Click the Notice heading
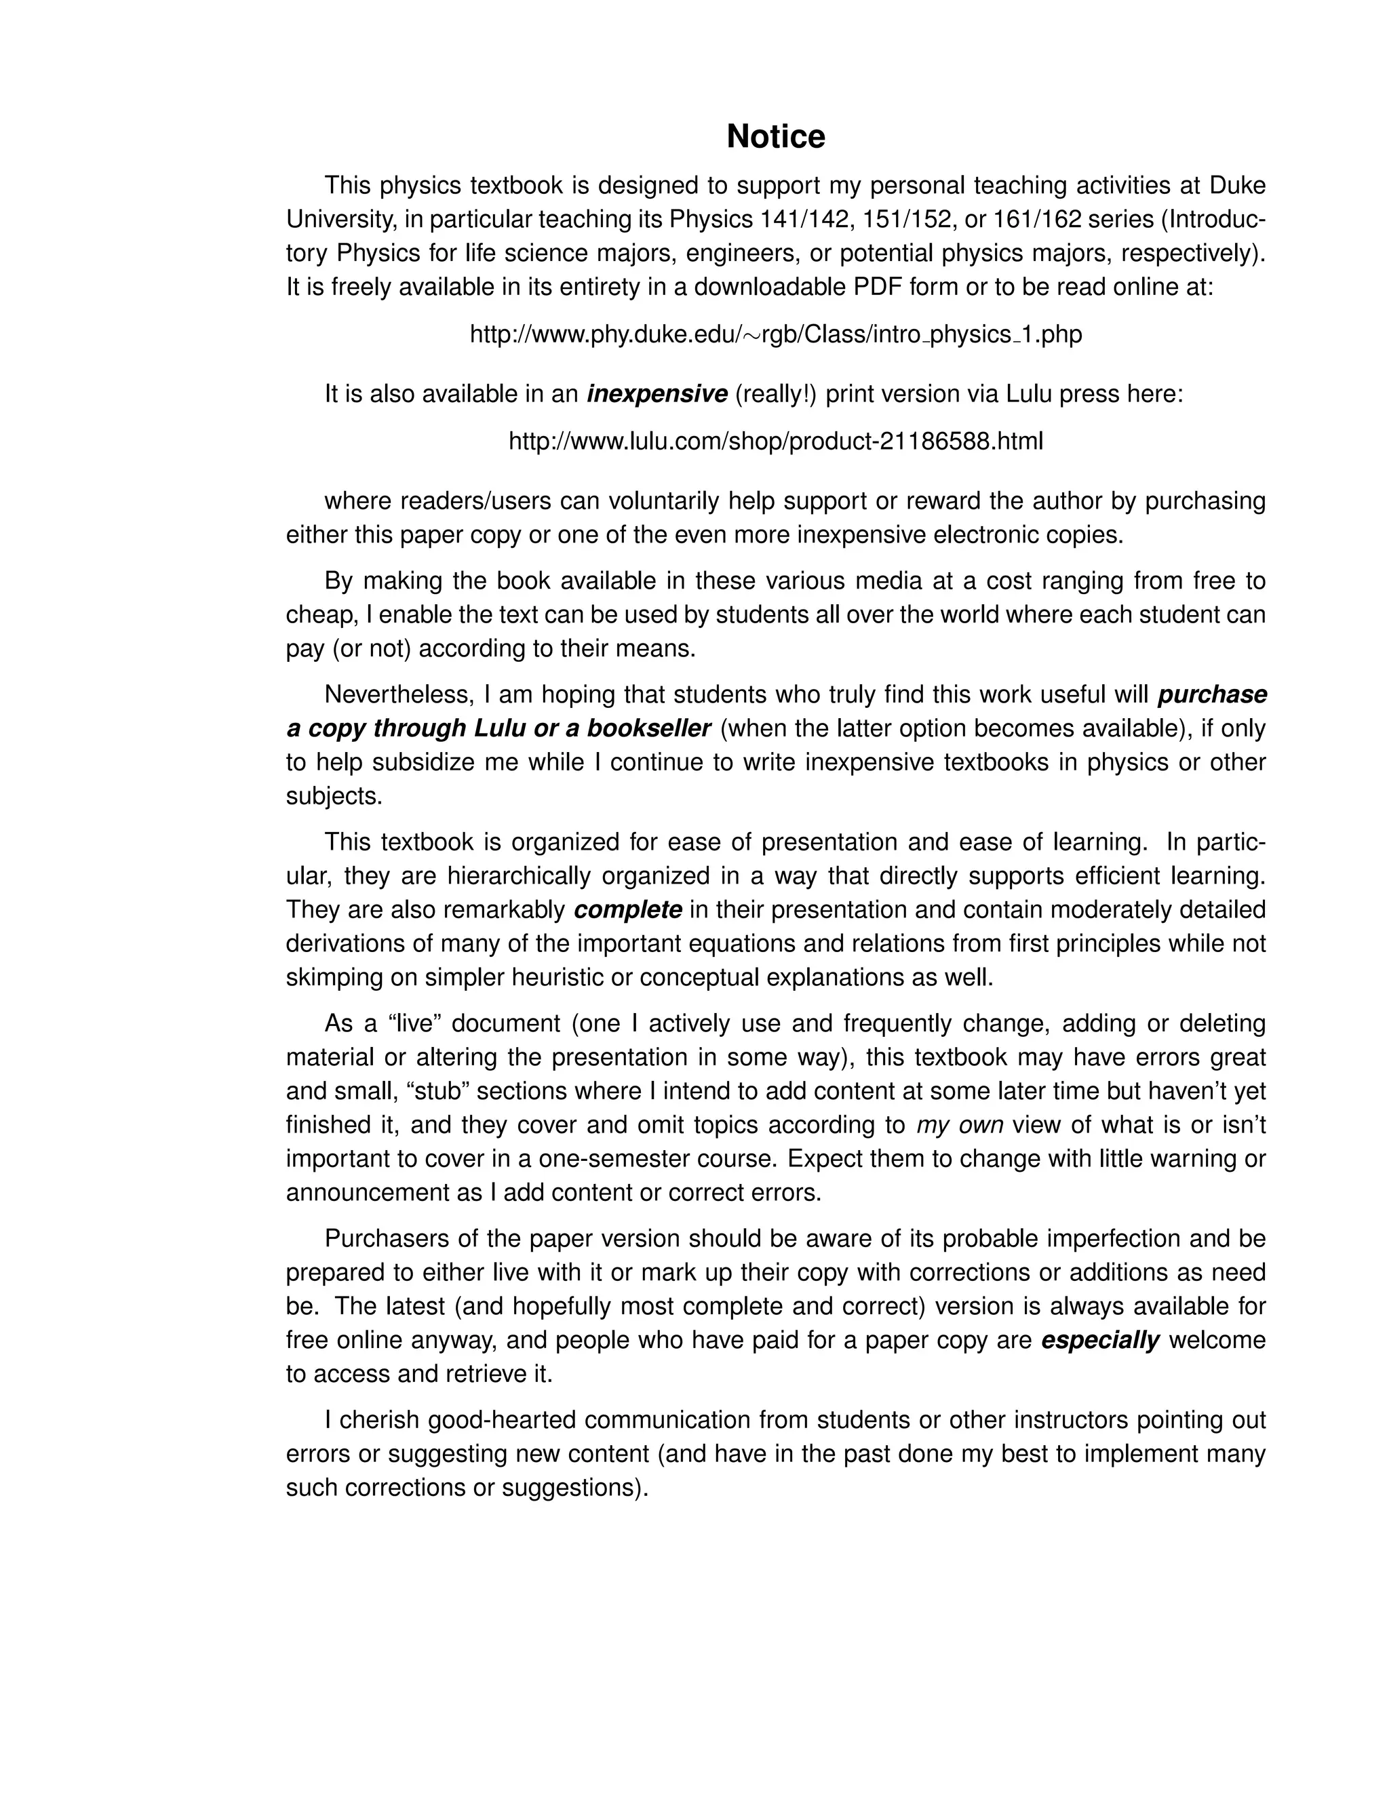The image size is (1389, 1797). (x=775, y=136)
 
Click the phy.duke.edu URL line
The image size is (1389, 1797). (x=775, y=334)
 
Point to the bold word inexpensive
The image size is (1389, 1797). (x=657, y=395)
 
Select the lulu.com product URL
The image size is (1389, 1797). (x=775, y=442)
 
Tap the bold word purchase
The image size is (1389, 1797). (x=1211, y=694)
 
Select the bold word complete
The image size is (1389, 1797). (x=628, y=910)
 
